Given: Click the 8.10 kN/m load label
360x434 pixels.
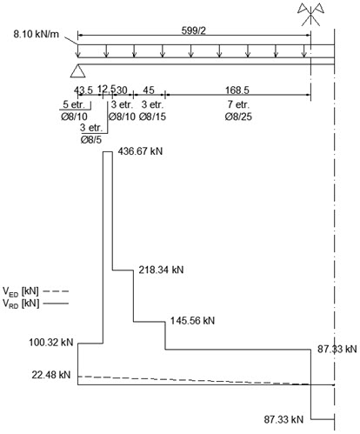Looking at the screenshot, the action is (x=36, y=34).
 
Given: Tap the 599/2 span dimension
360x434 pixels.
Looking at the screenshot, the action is (x=194, y=30).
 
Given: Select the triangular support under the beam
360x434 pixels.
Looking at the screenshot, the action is (x=77, y=70).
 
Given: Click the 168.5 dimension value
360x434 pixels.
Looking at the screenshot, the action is (x=237, y=90).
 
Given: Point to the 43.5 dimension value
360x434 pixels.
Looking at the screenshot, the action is (x=83, y=90).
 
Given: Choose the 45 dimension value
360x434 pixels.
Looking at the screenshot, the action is (x=149, y=90).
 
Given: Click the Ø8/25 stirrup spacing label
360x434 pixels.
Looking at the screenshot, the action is (x=238, y=117).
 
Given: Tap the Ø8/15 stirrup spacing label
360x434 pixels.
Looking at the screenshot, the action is (x=152, y=117).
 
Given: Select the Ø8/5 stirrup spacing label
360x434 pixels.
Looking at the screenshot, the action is (x=91, y=140).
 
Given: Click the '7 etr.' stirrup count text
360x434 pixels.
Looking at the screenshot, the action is (x=238, y=104).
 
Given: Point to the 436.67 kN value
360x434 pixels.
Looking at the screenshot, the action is (x=140, y=151).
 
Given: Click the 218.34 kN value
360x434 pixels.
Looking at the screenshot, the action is (x=161, y=270).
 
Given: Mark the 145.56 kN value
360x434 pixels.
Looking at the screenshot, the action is (x=192, y=321).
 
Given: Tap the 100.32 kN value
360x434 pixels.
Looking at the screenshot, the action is (x=51, y=343).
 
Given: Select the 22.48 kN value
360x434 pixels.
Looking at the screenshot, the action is (x=51, y=375).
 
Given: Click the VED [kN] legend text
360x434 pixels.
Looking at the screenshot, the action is (x=21, y=291).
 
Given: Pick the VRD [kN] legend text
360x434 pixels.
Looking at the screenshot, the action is (x=21, y=304).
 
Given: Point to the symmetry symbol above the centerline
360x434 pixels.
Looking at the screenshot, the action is (x=310, y=15).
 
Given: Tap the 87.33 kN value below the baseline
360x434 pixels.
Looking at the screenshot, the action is (x=283, y=419).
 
